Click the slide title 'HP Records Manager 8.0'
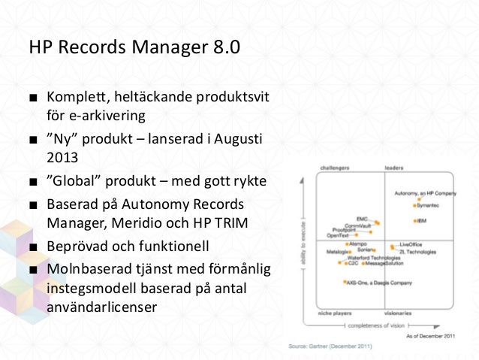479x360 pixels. [134, 47]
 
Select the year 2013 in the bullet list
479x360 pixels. [62, 159]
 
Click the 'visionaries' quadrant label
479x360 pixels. [398, 312]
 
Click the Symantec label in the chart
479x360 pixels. [428, 205]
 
